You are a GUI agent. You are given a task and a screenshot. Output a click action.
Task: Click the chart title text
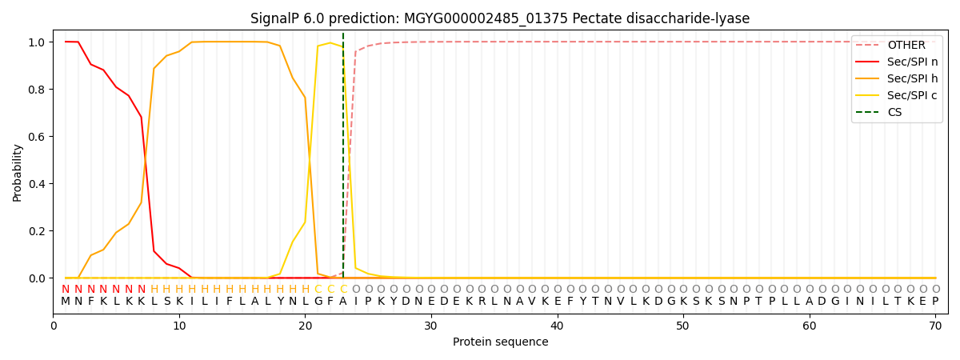pyautogui.click(x=500, y=18)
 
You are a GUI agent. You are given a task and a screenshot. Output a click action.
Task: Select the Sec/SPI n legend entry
pyautogui.click(x=913, y=62)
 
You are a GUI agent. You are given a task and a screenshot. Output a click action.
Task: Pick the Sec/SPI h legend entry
pyautogui.click(x=913, y=78)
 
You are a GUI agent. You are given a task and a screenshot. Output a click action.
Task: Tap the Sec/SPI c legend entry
pyautogui.click(x=913, y=95)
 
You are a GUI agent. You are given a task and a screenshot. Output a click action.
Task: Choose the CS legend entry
pyautogui.click(x=894, y=112)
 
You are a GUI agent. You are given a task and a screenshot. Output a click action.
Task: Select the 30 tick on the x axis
pyautogui.click(x=431, y=326)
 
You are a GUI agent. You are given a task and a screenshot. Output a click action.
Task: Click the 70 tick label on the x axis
pyautogui.click(x=935, y=326)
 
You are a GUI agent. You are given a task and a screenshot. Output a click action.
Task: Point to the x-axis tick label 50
pyautogui.click(x=683, y=326)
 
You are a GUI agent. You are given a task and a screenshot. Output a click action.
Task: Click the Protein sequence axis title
pyautogui.click(x=500, y=342)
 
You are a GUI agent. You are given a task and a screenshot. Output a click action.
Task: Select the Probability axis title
pyautogui.click(x=18, y=172)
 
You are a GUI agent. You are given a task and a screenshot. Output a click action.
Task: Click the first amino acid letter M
pyautogui.click(x=66, y=302)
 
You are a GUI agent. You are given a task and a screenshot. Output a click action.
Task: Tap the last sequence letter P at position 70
pyautogui.click(x=935, y=302)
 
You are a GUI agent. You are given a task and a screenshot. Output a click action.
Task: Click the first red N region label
pyautogui.click(x=66, y=290)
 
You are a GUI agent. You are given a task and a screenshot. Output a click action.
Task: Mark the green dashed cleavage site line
pyautogui.click(x=343, y=160)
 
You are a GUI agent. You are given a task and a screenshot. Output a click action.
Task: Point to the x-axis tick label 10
pyautogui.click(x=179, y=326)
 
